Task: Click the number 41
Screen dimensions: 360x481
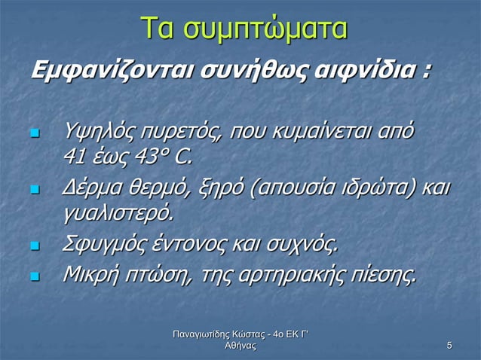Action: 75,157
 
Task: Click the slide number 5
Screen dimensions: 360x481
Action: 449,346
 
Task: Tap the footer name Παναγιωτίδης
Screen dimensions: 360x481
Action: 204,334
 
